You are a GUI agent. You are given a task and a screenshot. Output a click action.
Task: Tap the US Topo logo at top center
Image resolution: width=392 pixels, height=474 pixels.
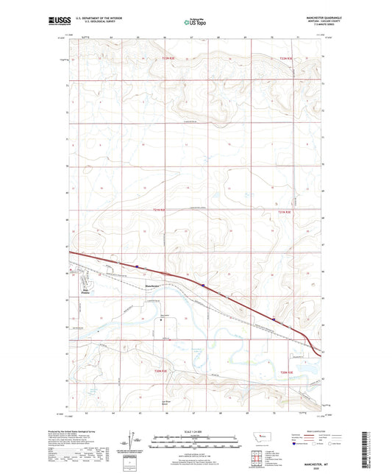(195, 24)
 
